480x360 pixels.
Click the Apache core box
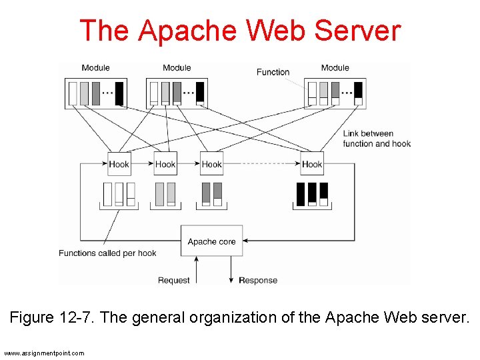212,241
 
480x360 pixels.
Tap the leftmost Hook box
119,164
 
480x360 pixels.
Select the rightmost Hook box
312,164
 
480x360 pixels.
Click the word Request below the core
174,280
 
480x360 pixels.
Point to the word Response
258,280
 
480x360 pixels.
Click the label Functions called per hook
107,253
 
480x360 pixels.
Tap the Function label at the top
273,72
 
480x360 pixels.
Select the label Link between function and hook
377,139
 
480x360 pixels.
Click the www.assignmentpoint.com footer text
44,353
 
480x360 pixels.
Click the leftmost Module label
95,67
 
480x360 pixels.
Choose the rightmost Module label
335,67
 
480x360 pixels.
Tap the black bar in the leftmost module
119,93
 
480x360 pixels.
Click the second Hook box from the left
165,164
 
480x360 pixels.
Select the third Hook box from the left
211,164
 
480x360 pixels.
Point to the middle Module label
177,67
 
